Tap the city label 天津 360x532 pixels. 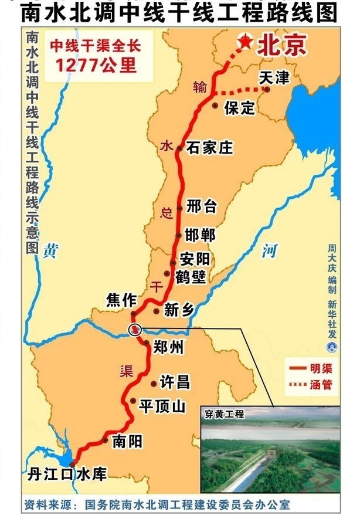tap(274, 77)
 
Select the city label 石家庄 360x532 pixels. tap(209, 148)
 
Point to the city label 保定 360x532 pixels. tap(240, 107)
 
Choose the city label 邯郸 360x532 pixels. tap(200, 235)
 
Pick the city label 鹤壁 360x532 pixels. tap(191, 277)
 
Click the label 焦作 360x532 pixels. tap(121, 300)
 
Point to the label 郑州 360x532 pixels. tap(168, 348)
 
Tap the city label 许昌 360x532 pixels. tap(175, 383)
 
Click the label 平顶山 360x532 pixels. tap(162, 406)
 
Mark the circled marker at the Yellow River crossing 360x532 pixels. tap(135, 330)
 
